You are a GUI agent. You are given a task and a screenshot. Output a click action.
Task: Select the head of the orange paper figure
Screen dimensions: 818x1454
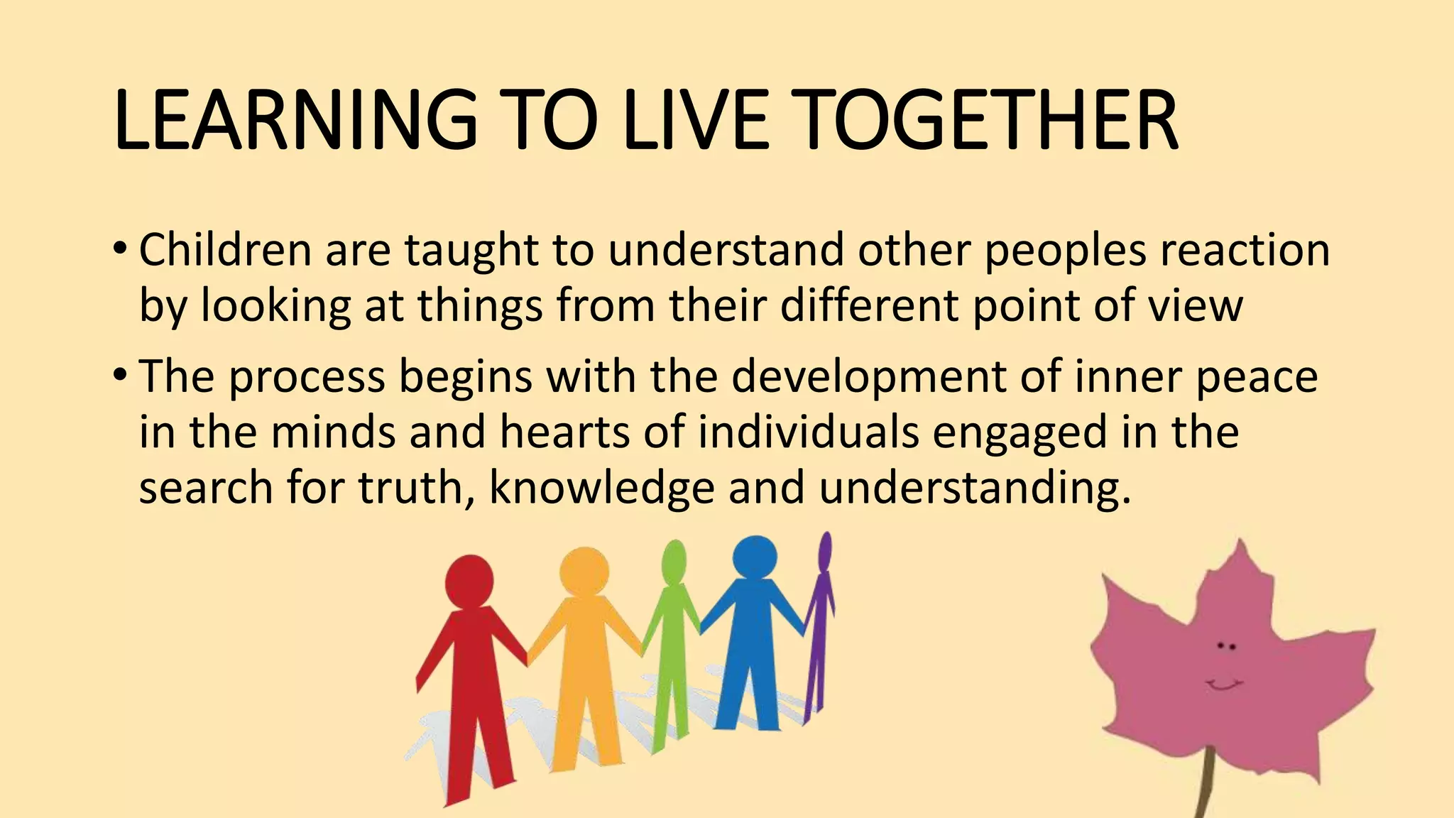pos(584,572)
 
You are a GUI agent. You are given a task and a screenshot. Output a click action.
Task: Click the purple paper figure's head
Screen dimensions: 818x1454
pos(825,551)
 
